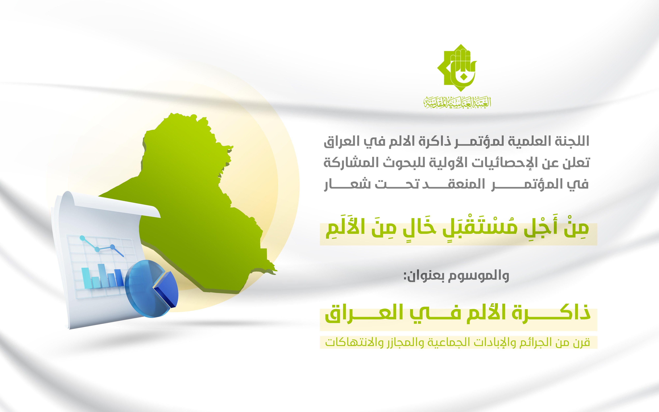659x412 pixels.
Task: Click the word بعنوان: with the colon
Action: point(423,276)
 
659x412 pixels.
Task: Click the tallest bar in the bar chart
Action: point(102,276)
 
